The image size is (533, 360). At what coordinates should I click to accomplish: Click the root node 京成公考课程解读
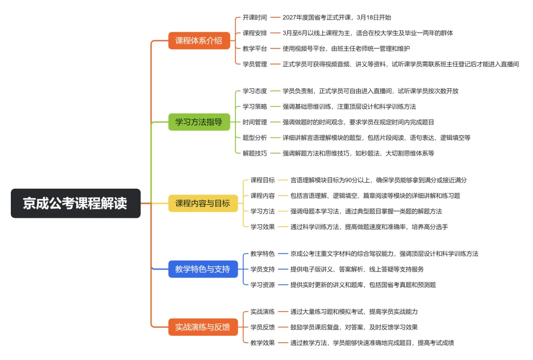click(x=76, y=203)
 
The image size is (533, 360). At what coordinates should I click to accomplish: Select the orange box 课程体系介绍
click(x=199, y=40)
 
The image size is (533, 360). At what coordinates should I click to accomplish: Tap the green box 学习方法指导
click(x=199, y=121)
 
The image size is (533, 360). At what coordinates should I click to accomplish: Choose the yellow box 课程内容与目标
click(x=202, y=203)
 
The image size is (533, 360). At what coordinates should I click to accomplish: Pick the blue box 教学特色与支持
click(x=202, y=269)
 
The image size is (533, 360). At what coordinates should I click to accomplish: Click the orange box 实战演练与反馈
click(x=202, y=327)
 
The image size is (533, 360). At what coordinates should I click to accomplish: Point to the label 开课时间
click(x=255, y=17)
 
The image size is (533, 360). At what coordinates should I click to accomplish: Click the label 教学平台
click(x=255, y=48)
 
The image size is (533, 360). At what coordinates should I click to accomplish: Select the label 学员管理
click(x=255, y=64)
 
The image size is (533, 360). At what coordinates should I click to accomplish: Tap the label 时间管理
click(x=255, y=122)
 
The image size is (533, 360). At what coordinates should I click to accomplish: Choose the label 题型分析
click(x=255, y=138)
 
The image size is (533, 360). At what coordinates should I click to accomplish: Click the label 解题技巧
click(x=255, y=154)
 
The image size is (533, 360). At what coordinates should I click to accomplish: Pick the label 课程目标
click(x=263, y=180)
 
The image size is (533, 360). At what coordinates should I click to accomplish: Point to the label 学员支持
click(x=263, y=269)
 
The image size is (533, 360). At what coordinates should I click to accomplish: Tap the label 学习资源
click(x=263, y=285)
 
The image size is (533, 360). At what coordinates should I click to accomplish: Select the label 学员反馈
click(x=263, y=327)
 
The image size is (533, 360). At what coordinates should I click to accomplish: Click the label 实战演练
click(x=263, y=312)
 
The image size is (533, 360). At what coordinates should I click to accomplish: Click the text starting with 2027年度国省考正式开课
click(x=337, y=17)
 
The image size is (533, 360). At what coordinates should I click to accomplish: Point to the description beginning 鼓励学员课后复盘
click(x=354, y=327)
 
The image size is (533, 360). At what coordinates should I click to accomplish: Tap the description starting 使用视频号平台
click(x=346, y=48)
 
